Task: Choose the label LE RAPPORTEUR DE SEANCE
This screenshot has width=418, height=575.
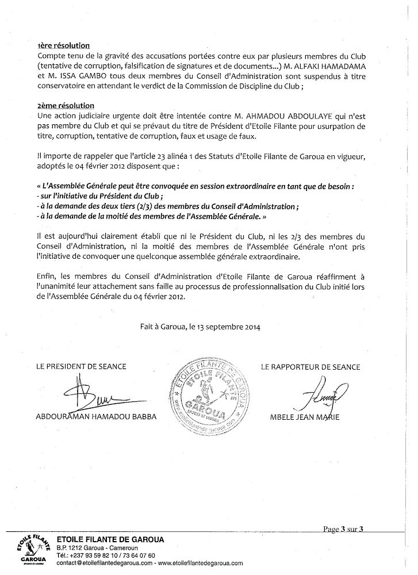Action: tap(310, 366)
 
